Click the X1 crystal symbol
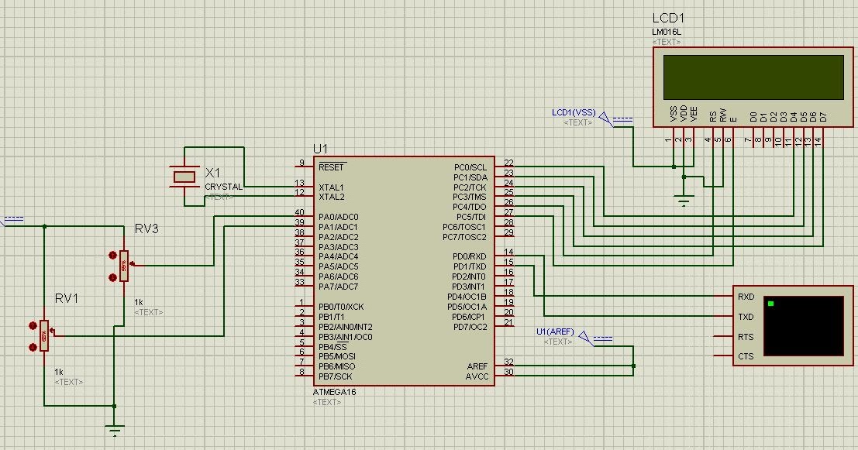pyautogui.click(x=184, y=177)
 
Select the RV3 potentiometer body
pyautogui.click(x=123, y=265)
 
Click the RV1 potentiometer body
pyautogui.click(x=44, y=335)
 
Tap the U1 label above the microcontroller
pyautogui.click(x=320, y=148)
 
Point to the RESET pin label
pyautogui.click(x=331, y=167)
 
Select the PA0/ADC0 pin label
pyautogui.click(x=338, y=217)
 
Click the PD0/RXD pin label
pyautogui.click(x=470, y=256)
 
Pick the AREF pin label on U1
pyautogui.click(x=477, y=366)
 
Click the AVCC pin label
pyautogui.click(x=477, y=376)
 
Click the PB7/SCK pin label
pyautogui.click(x=336, y=376)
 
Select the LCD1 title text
pyautogui.click(x=667, y=19)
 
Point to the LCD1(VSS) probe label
pyautogui.click(x=574, y=112)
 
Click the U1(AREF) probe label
pyautogui.click(x=555, y=331)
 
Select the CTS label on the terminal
pyautogui.click(x=746, y=356)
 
